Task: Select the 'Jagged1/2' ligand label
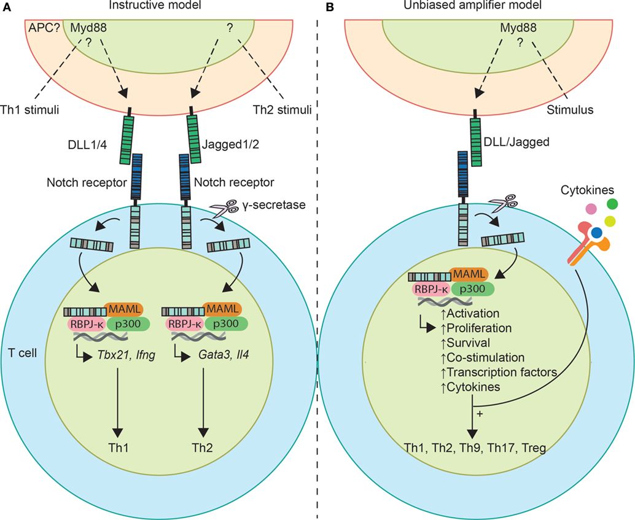point(227,146)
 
